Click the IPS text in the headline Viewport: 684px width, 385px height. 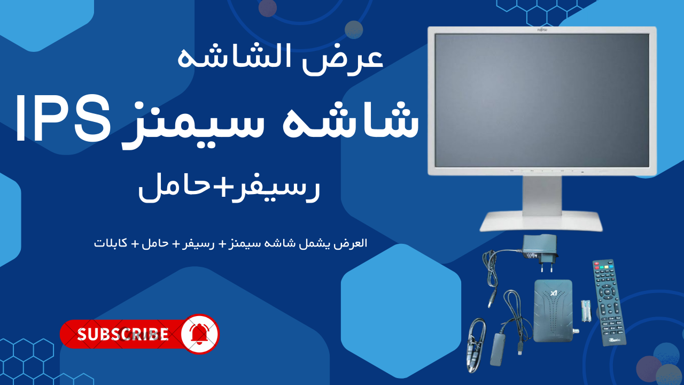(x=63, y=118)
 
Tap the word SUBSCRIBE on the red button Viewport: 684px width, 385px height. (x=123, y=334)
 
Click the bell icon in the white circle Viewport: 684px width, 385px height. (x=199, y=334)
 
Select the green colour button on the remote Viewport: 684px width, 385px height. (x=601, y=267)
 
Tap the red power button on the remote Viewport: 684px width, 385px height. (x=596, y=263)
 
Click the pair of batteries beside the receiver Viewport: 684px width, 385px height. (x=586, y=311)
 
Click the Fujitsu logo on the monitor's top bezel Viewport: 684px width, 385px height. (x=542, y=29)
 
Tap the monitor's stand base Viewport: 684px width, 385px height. (x=541, y=221)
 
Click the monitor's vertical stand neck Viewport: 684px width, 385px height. (x=542, y=194)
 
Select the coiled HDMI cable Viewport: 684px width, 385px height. (x=476, y=345)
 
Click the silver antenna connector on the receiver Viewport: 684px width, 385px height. (x=576, y=331)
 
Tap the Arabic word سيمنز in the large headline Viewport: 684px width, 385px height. (x=194, y=125)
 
